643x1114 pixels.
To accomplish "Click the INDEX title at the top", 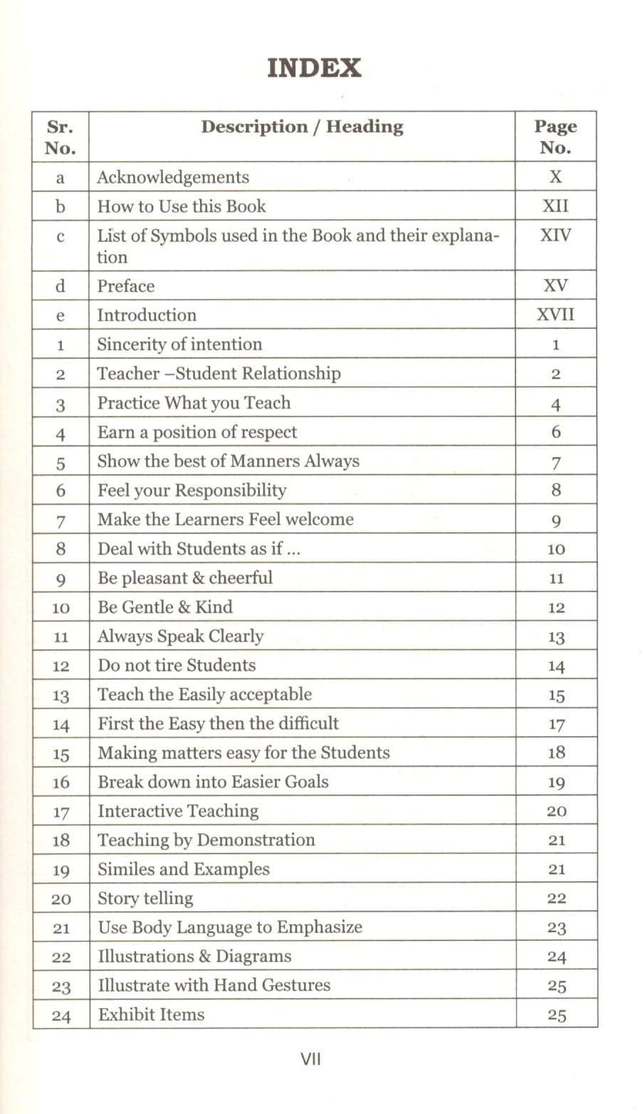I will tap(314, 68).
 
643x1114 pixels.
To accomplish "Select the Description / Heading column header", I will tap(302, 127).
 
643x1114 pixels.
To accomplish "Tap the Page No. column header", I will tap(555, 137).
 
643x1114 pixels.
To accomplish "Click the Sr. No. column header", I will tap(61, 137).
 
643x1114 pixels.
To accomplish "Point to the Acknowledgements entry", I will tap(173, 177).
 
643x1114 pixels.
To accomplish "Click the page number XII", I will tap(555, 206).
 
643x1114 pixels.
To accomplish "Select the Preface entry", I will tap(126, 286).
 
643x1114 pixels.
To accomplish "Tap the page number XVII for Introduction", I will tap(555, 315).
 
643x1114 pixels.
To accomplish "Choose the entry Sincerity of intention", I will tap(179, 345).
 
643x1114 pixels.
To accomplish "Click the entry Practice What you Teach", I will tap(194, 403).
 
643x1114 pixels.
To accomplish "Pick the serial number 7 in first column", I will tap(61, 520).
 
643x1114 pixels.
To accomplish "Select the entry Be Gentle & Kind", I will tap(165, 607).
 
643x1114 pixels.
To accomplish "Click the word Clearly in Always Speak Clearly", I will tap(236, 636).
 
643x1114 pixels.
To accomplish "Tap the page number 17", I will tap(556, 725).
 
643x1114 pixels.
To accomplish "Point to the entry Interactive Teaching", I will tap(178, 811).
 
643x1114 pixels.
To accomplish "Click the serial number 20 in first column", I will tap(61, 899).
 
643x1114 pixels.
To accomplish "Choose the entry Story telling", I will tap(145, 899).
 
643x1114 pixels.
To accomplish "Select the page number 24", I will tap(556, 957).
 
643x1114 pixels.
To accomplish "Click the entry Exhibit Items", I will tap(151, 1015).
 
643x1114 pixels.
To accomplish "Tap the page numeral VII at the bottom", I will tap(311, 1059).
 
